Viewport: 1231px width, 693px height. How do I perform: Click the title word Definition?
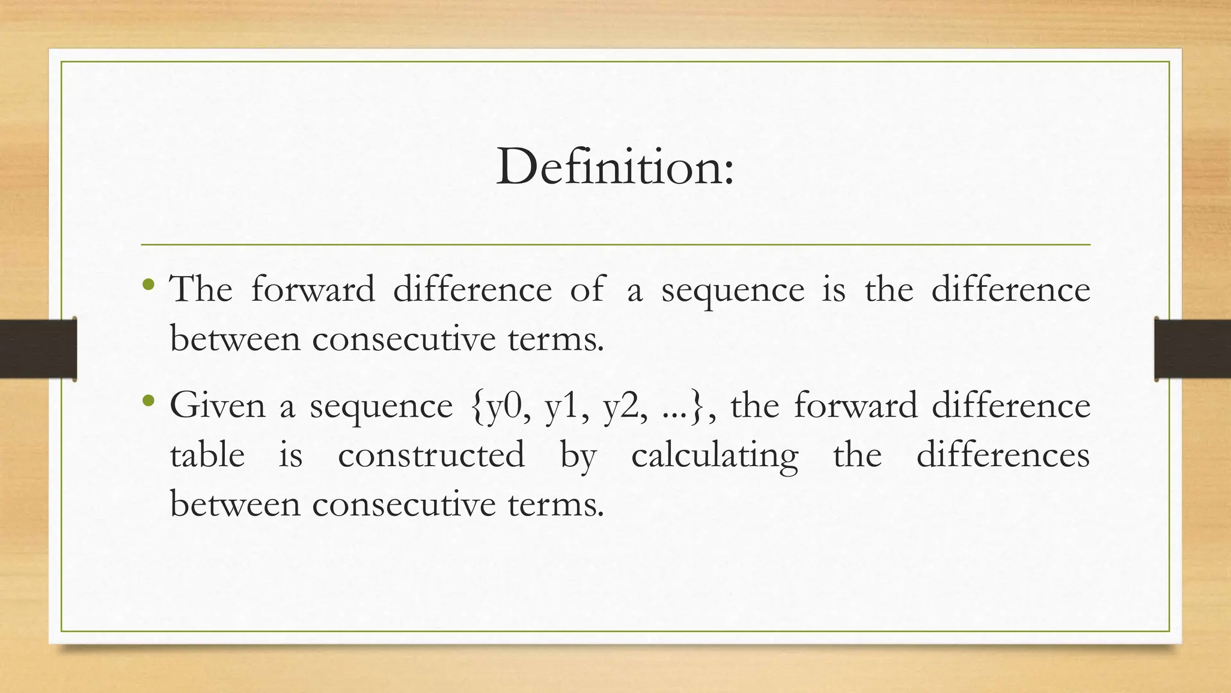614,167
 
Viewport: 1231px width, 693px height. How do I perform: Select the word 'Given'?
217,405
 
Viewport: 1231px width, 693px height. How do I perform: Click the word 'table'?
207,455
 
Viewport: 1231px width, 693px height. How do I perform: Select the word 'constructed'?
431,455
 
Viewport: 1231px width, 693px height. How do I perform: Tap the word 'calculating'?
715,456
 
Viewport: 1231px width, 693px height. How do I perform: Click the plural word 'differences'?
1003,455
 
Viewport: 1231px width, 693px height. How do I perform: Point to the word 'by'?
578,456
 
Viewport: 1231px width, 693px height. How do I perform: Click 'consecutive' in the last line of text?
409,504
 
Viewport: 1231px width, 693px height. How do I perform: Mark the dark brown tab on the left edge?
38,349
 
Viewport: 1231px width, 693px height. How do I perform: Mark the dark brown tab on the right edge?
1193,349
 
